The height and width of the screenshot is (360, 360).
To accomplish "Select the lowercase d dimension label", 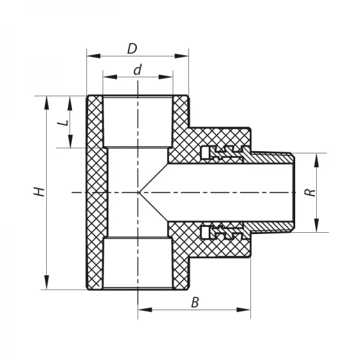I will [x=137, y=70].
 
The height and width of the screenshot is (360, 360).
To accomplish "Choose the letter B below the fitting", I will [x=194, y=302].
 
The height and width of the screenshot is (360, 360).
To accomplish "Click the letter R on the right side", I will [x=309, y=193].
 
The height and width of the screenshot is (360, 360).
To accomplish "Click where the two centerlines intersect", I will [x=138, y=192].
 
